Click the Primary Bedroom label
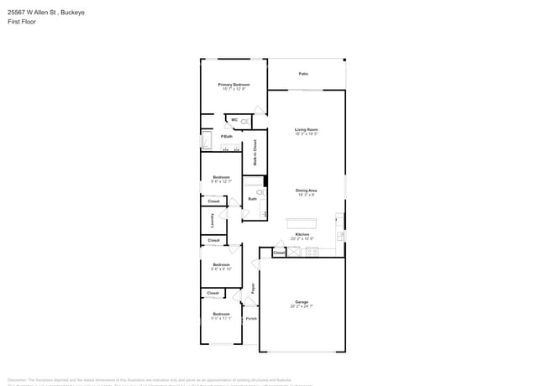(x=234, y=85)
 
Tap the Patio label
(x=303, y=74)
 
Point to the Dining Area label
(x=306, y=190)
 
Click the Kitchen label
(x=302, y=234)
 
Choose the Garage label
(x=302, y=302)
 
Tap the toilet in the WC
(x=244, y=122)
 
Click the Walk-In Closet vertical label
(x=255, y=153)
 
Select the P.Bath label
(x=227, y=136)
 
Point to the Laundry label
(x=213, y=221)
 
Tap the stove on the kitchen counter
(x=312, y=252)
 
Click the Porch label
(x=251, y=319)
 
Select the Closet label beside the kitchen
(x=279, y=252)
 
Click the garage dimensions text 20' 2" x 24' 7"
(x=302, y=306)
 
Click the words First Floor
(x=23, y=22)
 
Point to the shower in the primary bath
(x=206, y=139)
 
